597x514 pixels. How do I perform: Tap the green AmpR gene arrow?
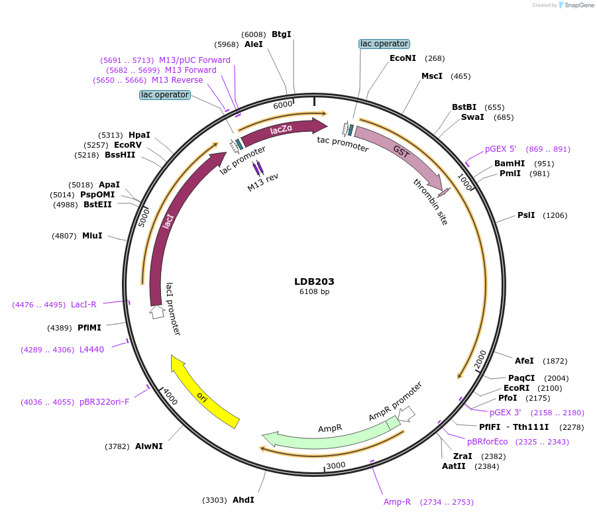(331, 432)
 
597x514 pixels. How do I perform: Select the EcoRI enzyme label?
(517, 388)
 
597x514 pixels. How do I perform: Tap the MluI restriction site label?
(92, 235)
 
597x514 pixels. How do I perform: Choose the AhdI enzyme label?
(243, 500)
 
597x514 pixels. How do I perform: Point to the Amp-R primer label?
(398, 502)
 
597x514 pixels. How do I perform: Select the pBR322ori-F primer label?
(104, 401)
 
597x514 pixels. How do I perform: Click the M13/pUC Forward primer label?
(195, 60)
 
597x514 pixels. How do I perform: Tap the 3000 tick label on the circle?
(336, 466)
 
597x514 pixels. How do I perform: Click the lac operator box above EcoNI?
(384, 44)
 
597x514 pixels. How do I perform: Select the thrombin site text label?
(431, 201)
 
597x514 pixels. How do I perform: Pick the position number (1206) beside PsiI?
(555, 215)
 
